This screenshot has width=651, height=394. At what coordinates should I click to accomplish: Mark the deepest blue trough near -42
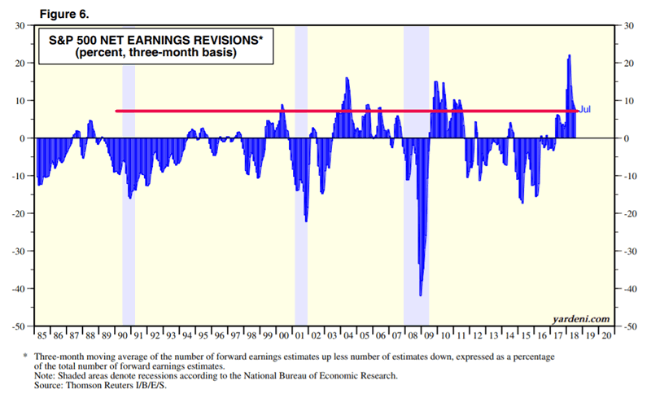[x=421, y=295]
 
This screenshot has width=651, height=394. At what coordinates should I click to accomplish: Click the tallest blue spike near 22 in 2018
[x=569, y=57]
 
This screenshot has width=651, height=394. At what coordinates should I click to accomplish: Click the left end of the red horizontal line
[x=117, y=111]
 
